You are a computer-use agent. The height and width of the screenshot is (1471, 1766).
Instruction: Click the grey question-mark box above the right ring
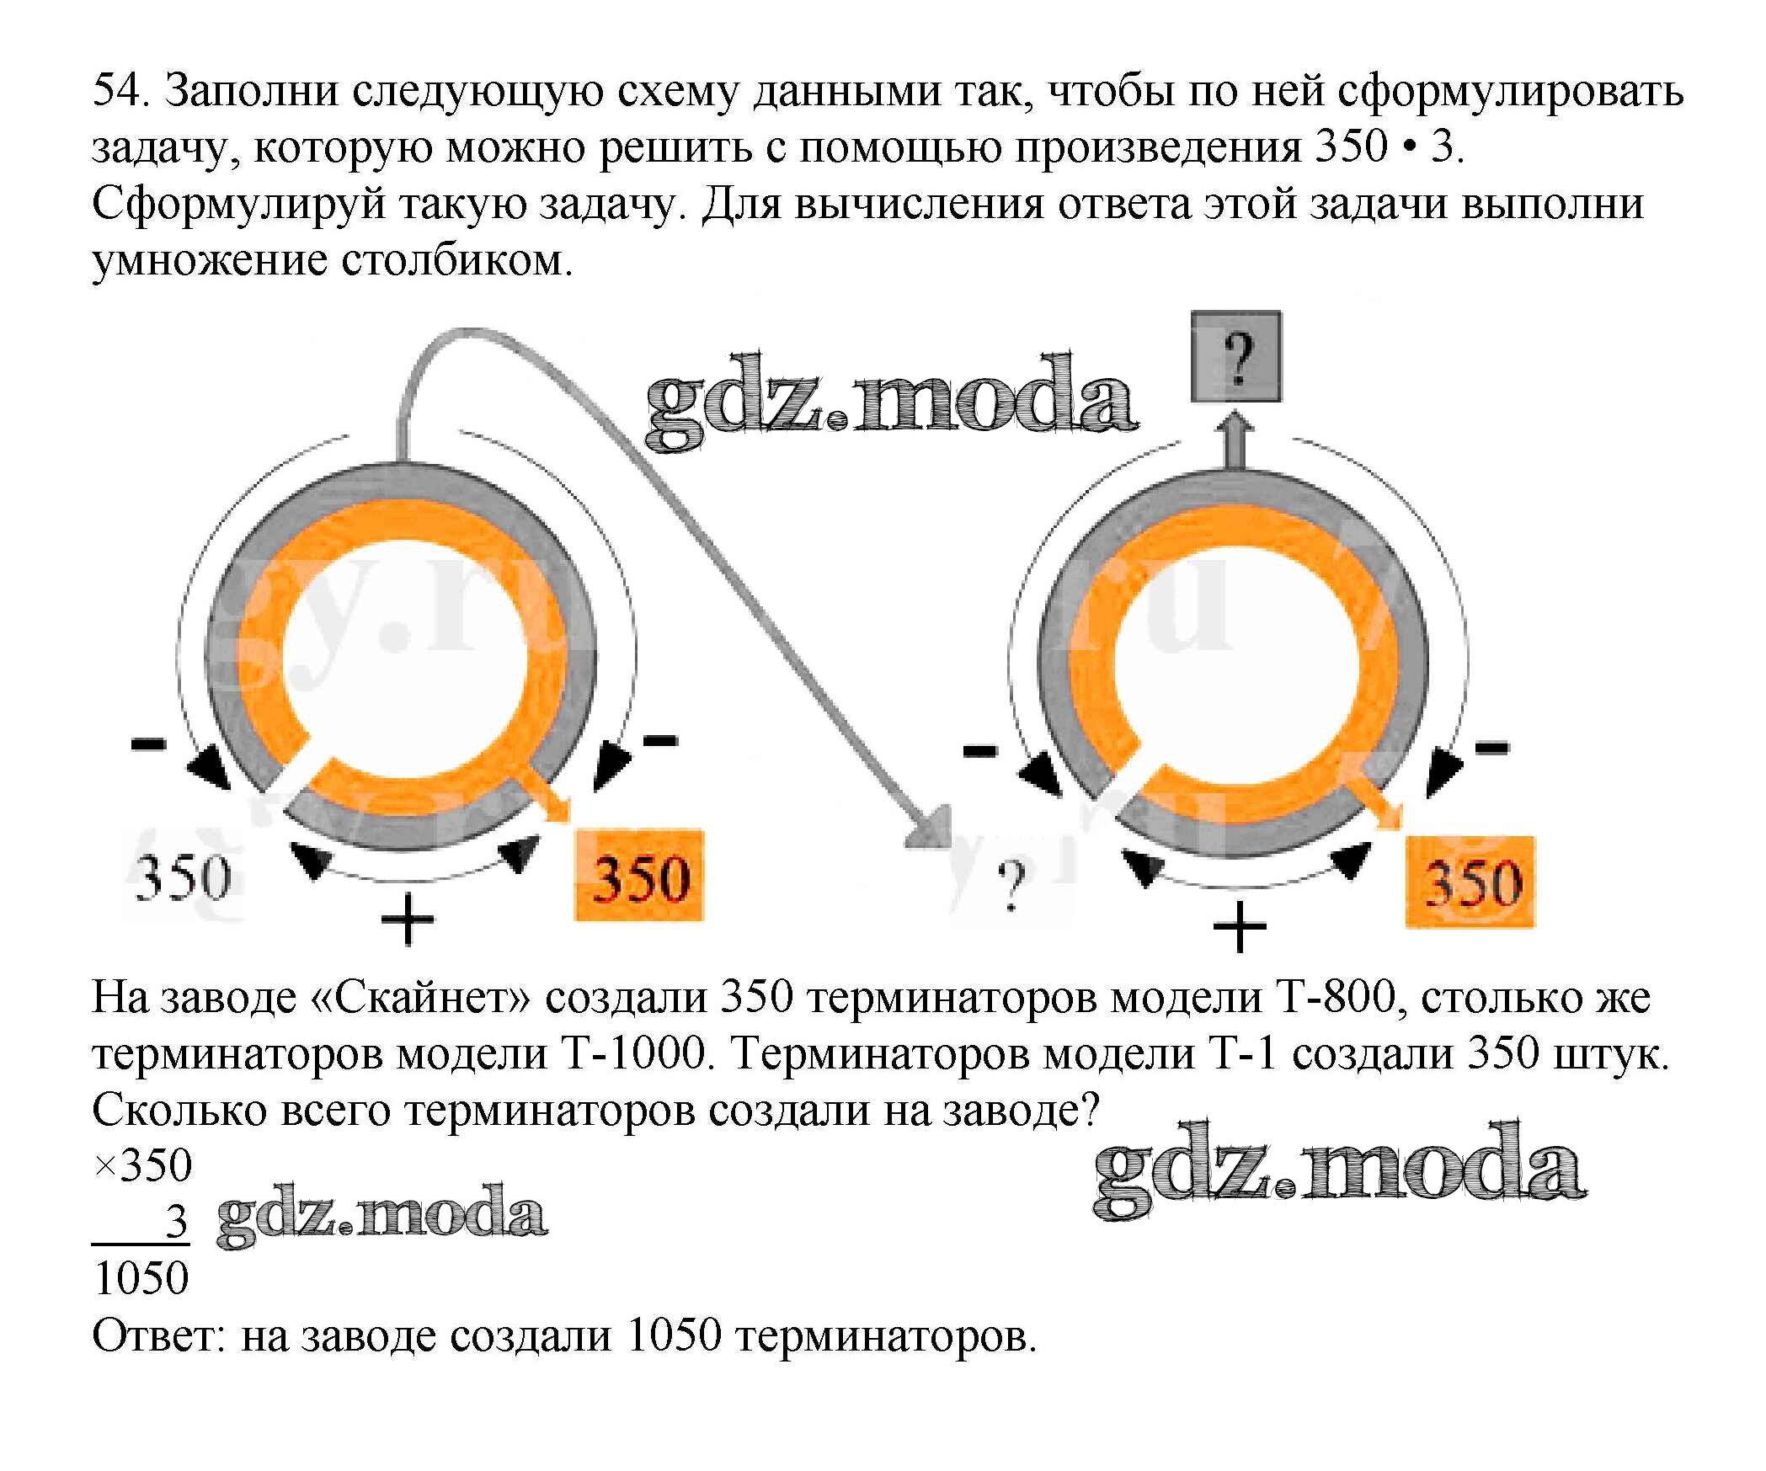[x=1235, y=356]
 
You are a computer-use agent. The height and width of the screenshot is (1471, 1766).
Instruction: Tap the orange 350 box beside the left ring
[x=639, y=876]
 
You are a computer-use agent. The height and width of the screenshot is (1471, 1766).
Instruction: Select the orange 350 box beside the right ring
[x=1470, y=882]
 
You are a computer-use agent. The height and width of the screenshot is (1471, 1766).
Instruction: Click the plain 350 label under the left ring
[x=183, y=877]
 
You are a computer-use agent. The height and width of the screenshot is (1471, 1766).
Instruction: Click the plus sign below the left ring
[x=407, y=919]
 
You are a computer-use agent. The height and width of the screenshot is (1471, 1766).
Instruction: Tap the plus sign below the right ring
[x=1239, y=926]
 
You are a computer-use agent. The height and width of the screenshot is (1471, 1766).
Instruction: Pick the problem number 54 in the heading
[x=119, y=90]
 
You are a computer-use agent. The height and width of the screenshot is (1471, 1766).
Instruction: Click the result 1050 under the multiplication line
[x=141, y=1278]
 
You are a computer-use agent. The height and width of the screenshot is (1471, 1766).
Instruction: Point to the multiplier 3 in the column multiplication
[x=175, y=1222]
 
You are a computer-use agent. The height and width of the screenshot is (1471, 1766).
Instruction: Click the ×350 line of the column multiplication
[x=143, y=1166]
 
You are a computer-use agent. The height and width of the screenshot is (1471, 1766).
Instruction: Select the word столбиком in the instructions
[x=456, y=261]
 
